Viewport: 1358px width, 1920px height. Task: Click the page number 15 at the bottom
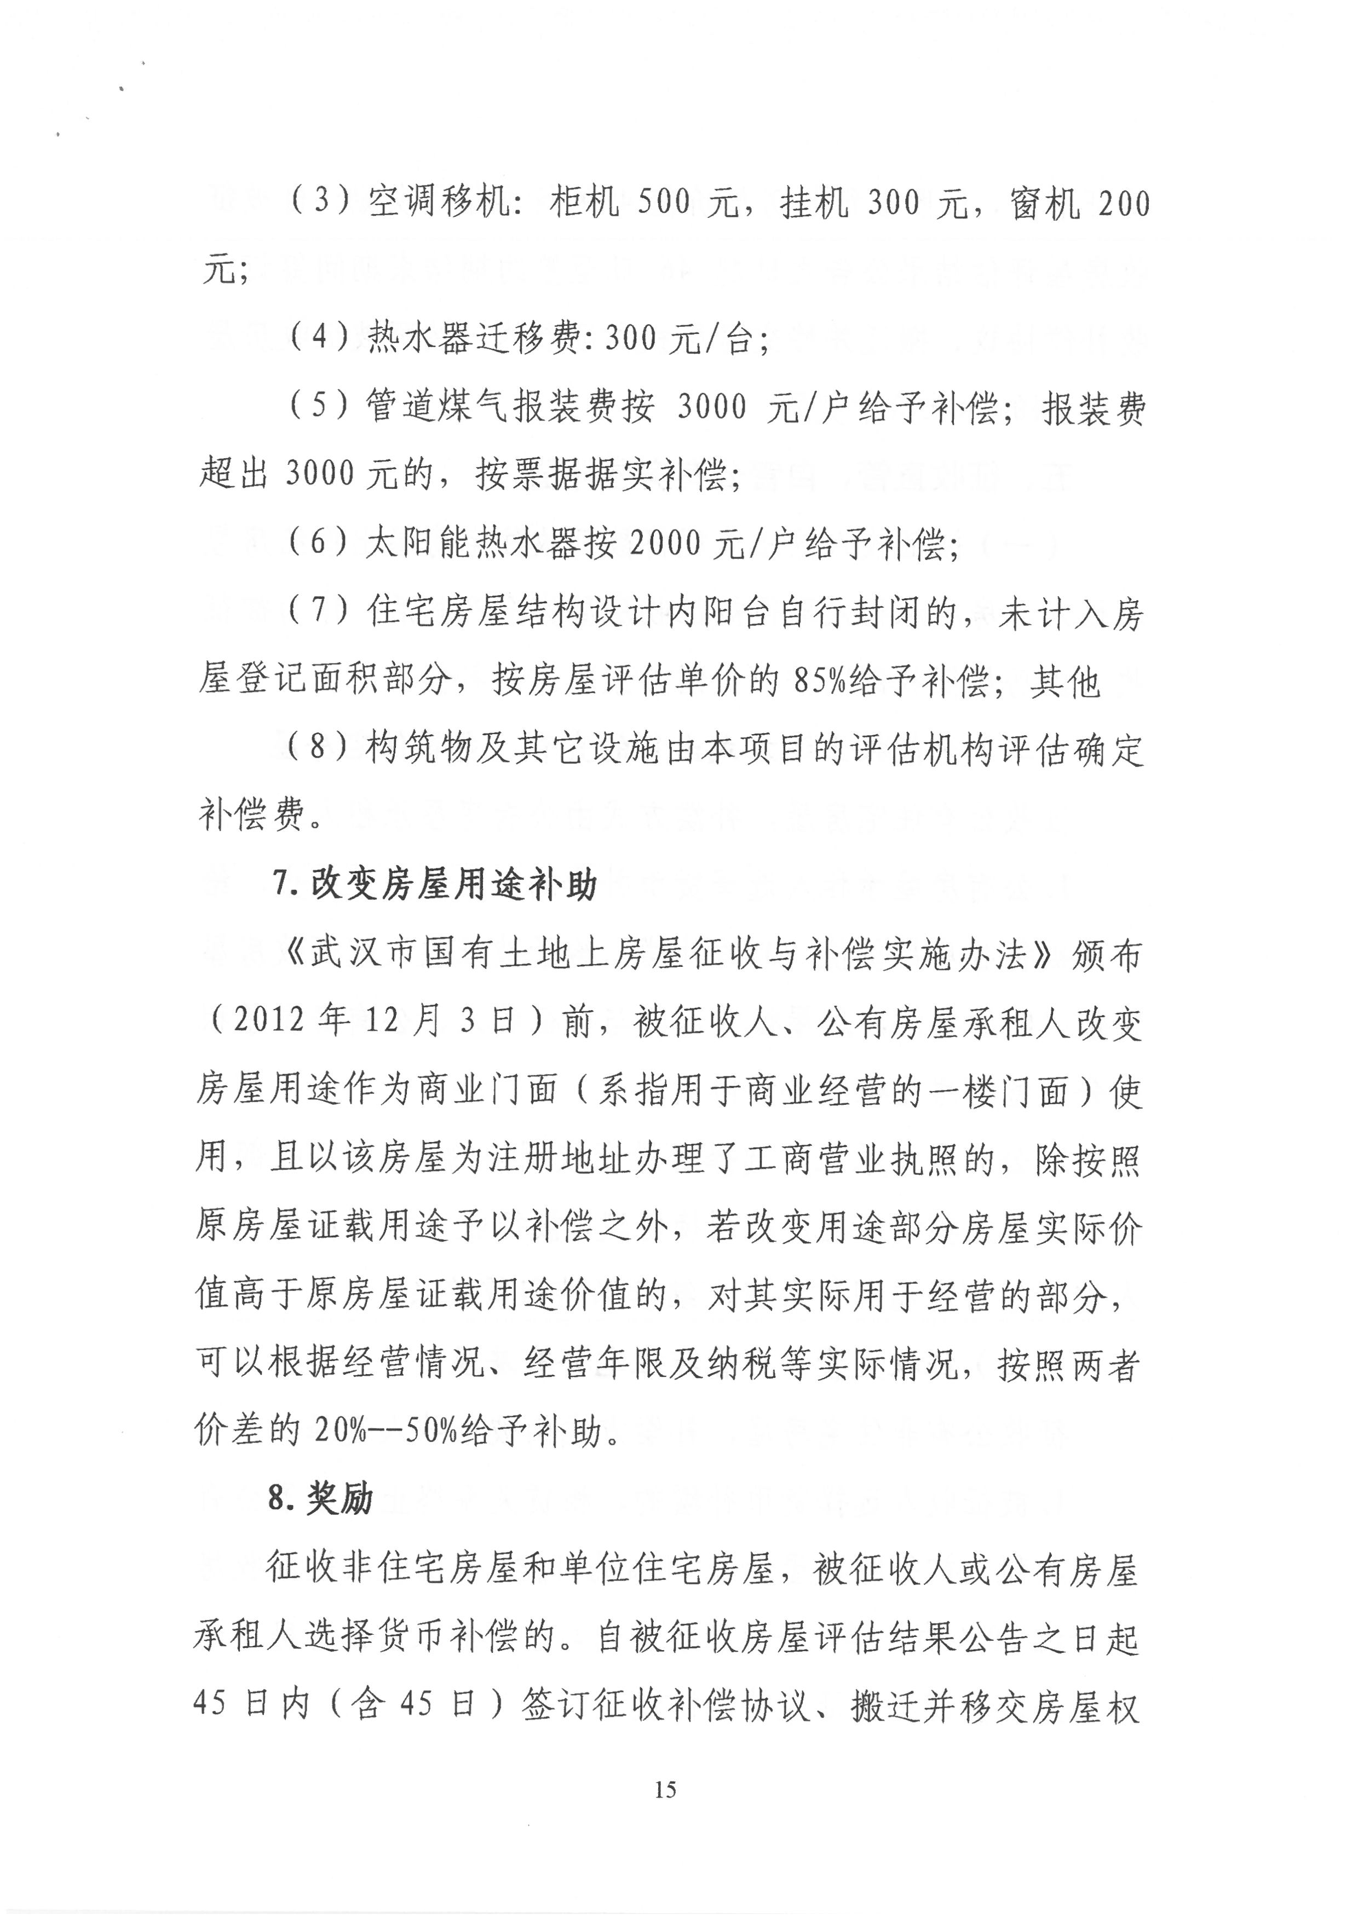point(666,1790)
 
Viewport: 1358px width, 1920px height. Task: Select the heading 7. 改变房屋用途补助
point(434,884)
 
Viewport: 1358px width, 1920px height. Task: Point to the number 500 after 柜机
point(663,203)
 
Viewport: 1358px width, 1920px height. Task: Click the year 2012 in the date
point(268,1022)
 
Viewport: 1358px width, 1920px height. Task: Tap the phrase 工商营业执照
point(871,1160)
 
